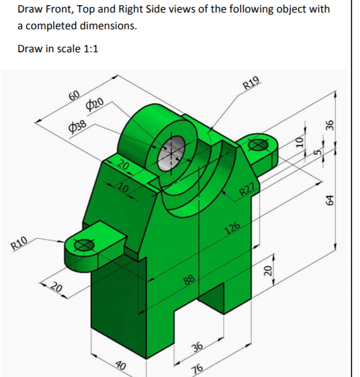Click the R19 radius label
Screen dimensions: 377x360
click(251, 83)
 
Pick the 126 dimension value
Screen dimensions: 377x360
click(231, 228)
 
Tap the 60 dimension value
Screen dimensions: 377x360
click(74, 95)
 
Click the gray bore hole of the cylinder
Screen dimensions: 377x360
click(173, 152)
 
